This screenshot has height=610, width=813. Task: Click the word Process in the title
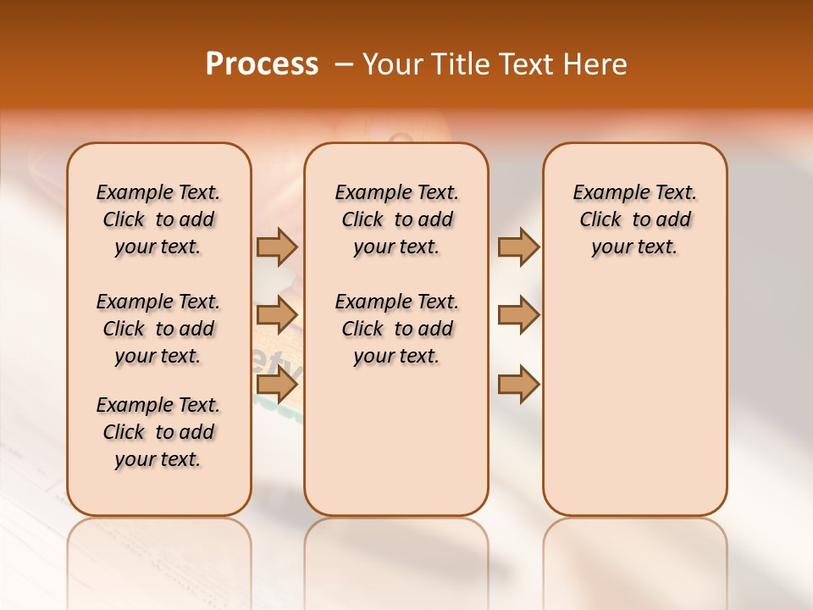[262, 64]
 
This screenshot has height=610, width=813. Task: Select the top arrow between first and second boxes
[277, 247]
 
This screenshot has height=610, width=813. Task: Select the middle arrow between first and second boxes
[277, 315]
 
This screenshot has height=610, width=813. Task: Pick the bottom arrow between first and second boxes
[277, 385]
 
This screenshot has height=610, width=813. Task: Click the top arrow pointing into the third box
[518, 247]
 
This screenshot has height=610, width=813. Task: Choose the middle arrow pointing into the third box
[518, 315]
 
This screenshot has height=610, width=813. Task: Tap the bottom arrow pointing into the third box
[518, 385]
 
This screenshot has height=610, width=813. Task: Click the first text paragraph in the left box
[158, 219]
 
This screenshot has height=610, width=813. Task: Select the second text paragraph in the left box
[158, 329]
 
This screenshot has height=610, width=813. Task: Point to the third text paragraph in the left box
[158, 432]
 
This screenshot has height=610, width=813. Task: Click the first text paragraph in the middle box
[396, 219]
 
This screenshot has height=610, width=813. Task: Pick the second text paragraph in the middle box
[396, 329]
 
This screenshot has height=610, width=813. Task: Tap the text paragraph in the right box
[635, 219]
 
